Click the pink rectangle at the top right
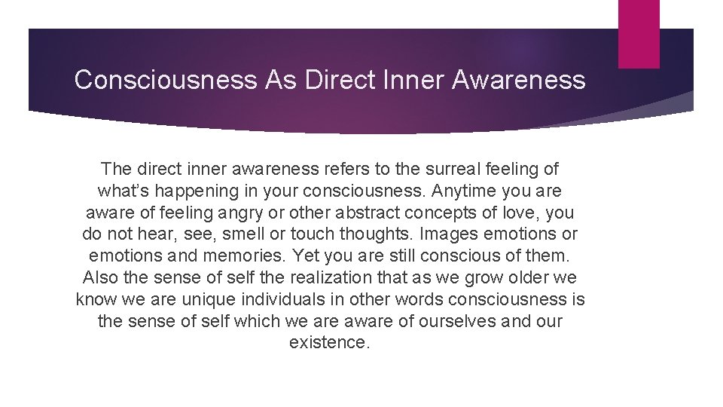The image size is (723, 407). (x=639, y=34)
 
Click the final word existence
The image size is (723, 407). (x=330, y=342)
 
